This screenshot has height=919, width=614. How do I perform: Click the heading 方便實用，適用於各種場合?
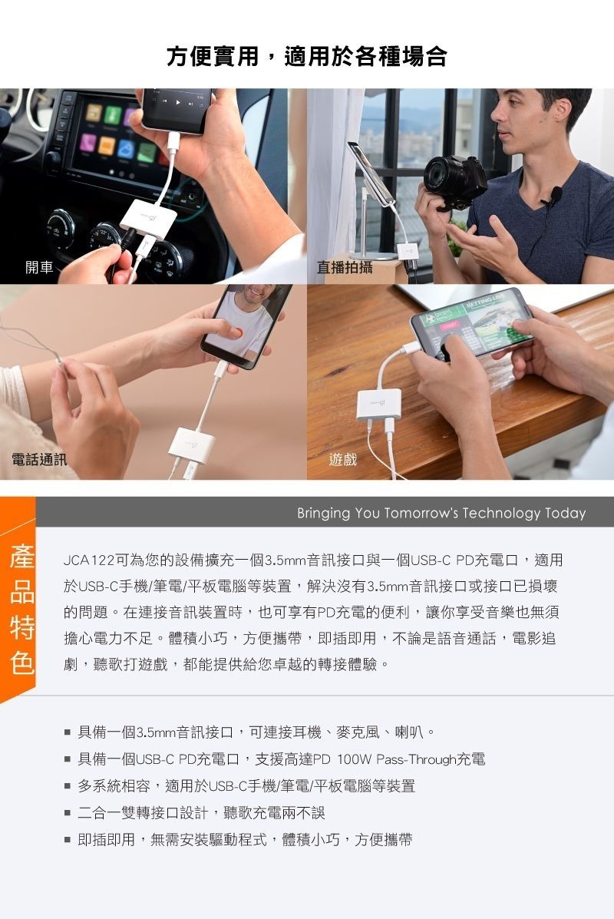[x=307, y=56]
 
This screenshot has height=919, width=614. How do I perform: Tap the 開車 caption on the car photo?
[x=39, y=267]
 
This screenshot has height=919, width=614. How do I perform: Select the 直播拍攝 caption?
[x=345, y=267]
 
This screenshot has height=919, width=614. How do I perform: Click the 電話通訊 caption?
[x=39, y=459]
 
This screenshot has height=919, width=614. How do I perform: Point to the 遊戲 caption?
[x=343, y=459]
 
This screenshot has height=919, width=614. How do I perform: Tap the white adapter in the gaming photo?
[x=379, y=405]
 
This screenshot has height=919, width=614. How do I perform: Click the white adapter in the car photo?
[x=148, y=220]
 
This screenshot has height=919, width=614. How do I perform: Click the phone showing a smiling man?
[x=246, y=326]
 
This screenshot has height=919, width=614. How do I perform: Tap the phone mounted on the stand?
[x=370, y=174]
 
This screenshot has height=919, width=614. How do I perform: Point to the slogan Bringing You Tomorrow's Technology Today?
[x=441, y=514]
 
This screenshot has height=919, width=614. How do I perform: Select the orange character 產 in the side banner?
[x=22, y=557]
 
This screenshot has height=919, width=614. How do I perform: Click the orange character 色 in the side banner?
[x=22, y=663]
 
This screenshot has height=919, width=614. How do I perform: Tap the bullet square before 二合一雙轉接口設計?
[x=68, y=813]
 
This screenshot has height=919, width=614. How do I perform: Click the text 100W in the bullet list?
[x=354, y=759]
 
